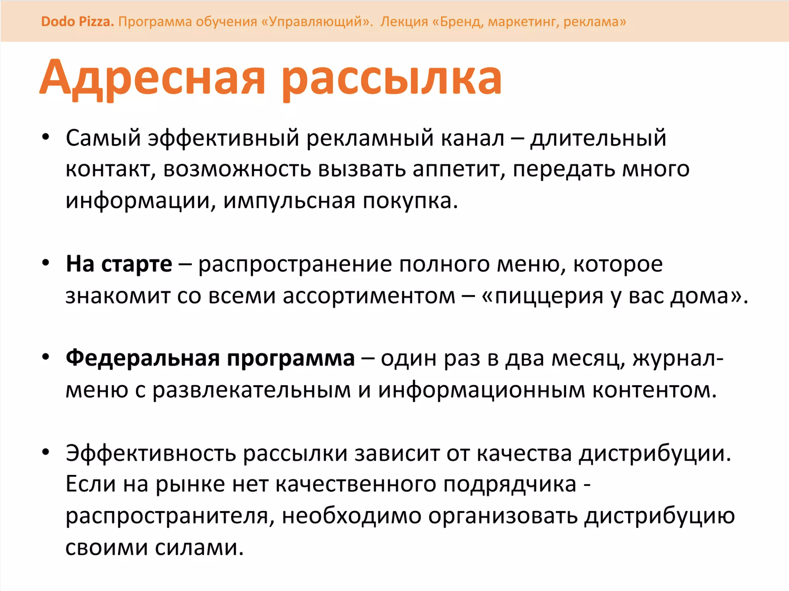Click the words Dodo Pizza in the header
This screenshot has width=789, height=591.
tap(77, 21)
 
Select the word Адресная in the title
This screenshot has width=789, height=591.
tap(152, 78)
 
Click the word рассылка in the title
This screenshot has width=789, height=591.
tap(392, 79)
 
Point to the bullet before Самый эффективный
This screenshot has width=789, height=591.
tap(46, 137)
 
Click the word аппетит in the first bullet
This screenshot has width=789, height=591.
tap(459, 170)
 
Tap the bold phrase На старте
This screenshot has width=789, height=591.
tap(119, 264)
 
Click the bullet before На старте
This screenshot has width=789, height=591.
tap(46, 263)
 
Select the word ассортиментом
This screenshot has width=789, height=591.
tap(369, 297)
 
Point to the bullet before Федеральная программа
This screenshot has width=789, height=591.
tap(46, 357)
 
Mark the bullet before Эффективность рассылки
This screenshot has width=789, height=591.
tap(46, 452)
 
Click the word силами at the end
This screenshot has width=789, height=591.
tap(199, 548)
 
